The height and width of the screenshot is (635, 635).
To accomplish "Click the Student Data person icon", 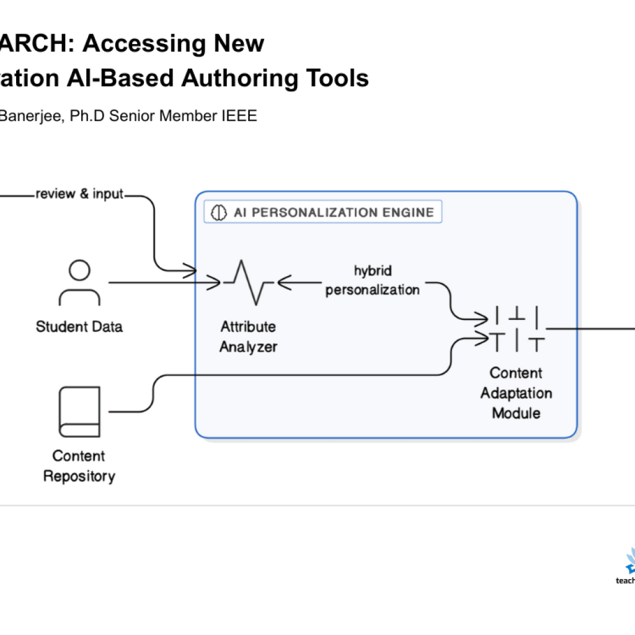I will [x=79, y=283].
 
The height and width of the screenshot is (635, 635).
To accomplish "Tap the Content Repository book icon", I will [x=79, y=412].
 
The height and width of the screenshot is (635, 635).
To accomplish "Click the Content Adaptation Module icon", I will [x=516, y=329].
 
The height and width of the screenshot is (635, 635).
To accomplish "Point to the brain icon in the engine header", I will [x=218, y=212].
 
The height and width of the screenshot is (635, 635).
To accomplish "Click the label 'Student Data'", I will [x=79, y=327].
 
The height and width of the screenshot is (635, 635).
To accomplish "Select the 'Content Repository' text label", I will [x=79, y=466].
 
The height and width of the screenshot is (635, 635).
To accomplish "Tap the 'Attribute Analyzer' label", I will [x=248, y=337].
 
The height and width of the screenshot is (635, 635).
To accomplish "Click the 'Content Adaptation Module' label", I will [x=516, y=393].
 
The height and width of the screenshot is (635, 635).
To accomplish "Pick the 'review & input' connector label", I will [x=79, y=195].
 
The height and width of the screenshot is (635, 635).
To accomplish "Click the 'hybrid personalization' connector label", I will [x=373, y=280].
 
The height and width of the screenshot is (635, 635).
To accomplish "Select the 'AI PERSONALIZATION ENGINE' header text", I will [x=334, y=212].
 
